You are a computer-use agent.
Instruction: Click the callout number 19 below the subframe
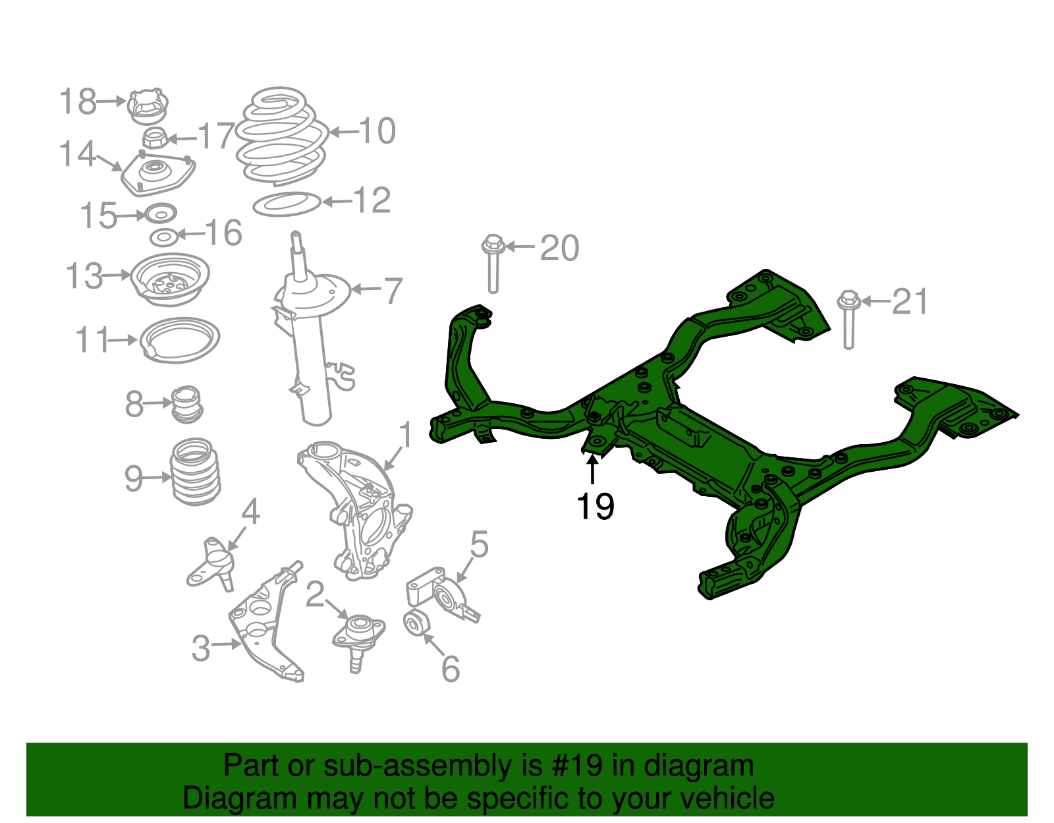click(x=595, y=507)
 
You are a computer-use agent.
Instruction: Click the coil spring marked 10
click(x=282, y=137)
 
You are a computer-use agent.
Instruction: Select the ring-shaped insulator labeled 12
click(x=287, y=204)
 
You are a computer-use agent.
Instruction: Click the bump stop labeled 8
click(x=187, y=404)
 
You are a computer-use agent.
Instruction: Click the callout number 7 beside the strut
click(x=393, y=291)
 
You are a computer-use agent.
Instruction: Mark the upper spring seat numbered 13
click(x=170, y=279)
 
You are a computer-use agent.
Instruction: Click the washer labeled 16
click(x=163, y=237)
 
